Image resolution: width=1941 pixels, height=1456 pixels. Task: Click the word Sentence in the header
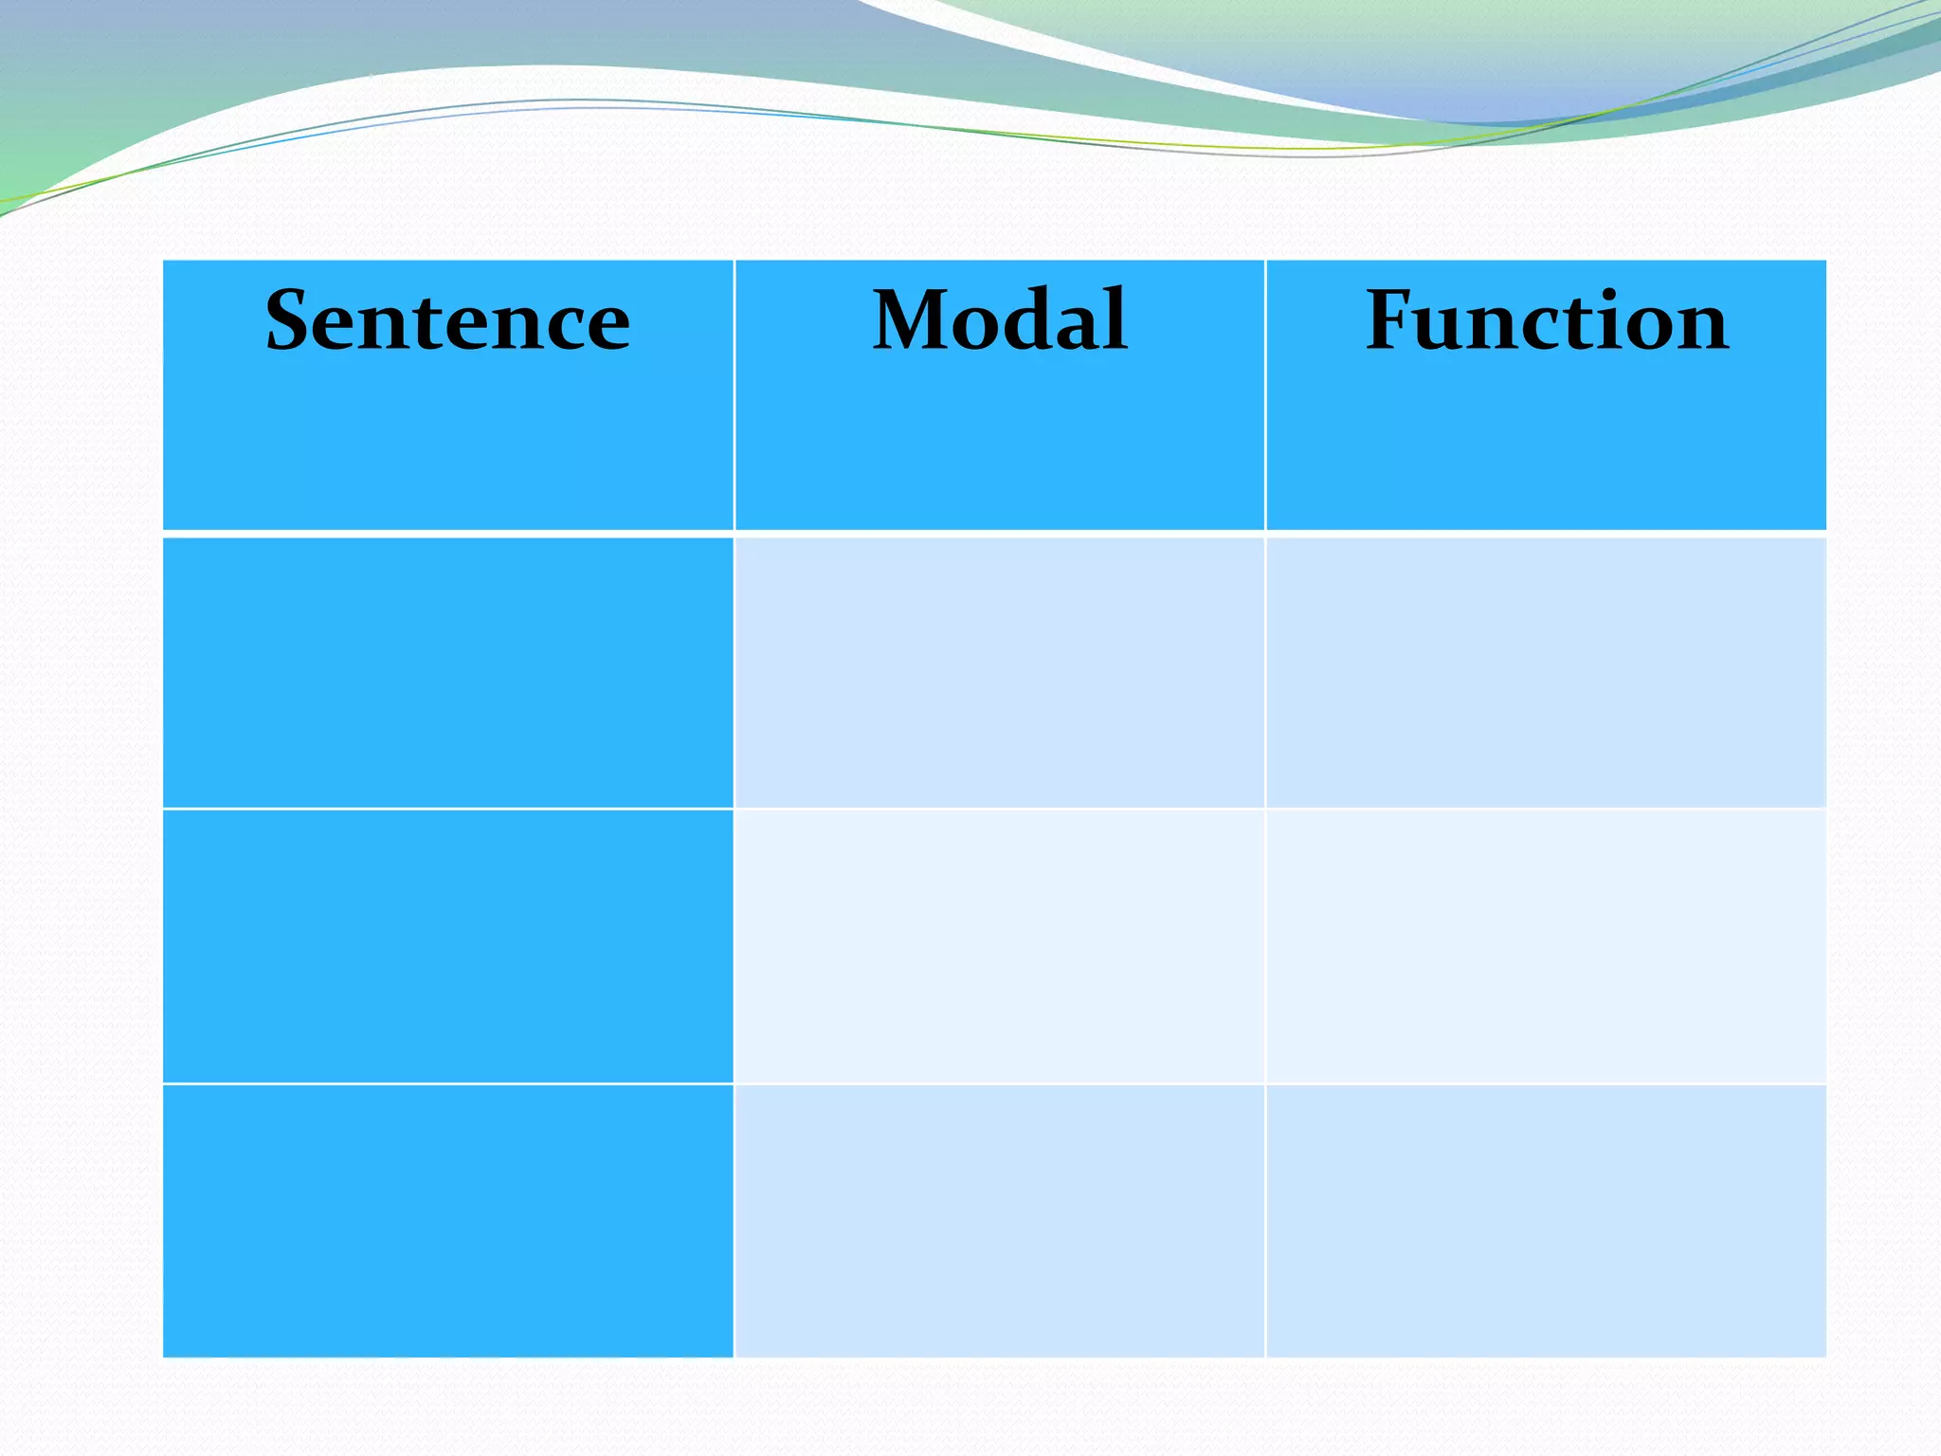(447, 320)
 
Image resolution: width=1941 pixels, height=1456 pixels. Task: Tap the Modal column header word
(1000, 320)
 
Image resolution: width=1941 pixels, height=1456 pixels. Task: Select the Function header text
(1547, 320)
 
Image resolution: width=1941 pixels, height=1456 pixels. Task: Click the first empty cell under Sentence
(448, 672)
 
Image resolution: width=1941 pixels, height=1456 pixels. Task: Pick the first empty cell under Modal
(1000, 672)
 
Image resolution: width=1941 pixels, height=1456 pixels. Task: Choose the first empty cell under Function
(1546, 672)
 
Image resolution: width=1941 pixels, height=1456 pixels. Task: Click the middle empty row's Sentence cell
(448, 946)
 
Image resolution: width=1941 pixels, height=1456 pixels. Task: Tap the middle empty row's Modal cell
(1000, 946)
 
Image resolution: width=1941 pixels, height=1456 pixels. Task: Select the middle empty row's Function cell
(1546, 946)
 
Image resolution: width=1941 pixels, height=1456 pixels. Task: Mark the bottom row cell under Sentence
(448, 1221)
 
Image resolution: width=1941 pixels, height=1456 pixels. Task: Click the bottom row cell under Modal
(1000, 1221)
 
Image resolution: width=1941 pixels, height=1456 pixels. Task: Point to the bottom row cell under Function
(1546, 1221)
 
